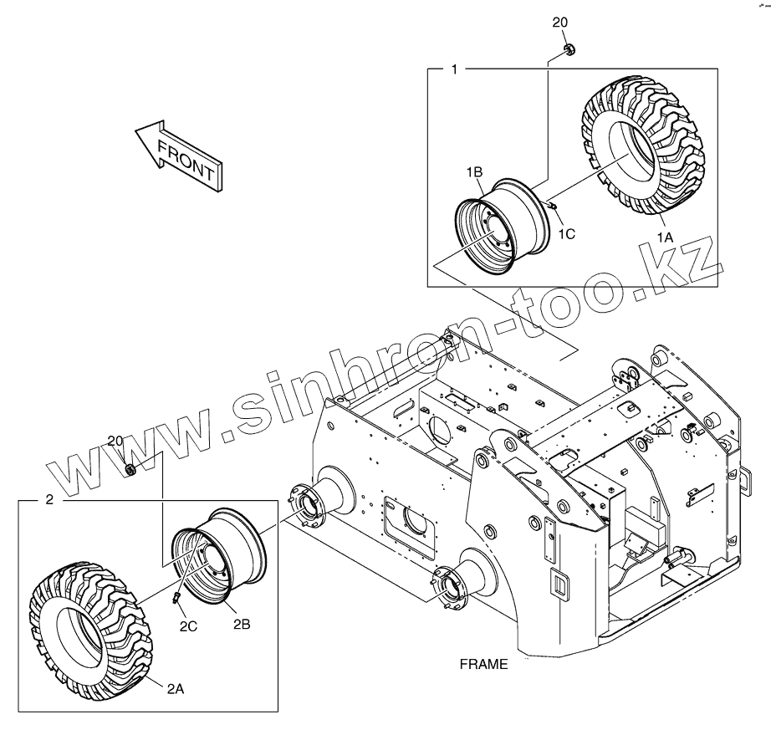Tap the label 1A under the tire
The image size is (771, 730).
(x=665, y=237)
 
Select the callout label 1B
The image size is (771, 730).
(x=475, y=171)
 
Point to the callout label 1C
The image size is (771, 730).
(x=566, y=234)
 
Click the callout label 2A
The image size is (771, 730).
(x=175, y=688)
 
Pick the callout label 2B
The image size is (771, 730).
(x=241, y=624)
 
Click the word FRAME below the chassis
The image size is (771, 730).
(x=483, y=665)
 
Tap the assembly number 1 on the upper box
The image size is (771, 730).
(x=454, y=69)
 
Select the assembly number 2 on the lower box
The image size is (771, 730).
(x=49, y=499)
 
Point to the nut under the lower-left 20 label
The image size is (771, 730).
(x=130, y=470)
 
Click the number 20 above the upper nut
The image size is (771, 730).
(x=559, y=23)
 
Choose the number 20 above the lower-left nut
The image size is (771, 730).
(x=115, y=440)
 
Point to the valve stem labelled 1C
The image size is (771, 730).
(x=554, y=205)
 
